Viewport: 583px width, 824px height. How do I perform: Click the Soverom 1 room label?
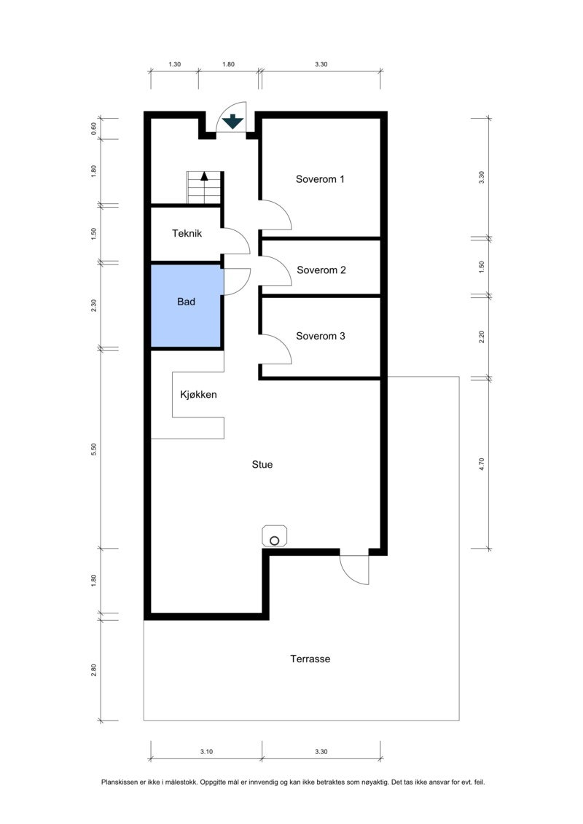point(320,178)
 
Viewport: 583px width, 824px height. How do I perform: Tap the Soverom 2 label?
point(321,270)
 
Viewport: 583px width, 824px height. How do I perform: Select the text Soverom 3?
point(321,336)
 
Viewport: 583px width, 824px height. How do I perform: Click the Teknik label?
point(187,233)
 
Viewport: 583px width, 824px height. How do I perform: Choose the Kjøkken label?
point(198,394)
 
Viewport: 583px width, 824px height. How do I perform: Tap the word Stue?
point(262,464)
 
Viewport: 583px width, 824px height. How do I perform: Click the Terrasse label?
point(310,659)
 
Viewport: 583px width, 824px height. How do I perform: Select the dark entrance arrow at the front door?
point(232,122)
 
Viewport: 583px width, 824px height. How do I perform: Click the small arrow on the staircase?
point(204,176)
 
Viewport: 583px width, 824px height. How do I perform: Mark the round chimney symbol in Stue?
point(275,540)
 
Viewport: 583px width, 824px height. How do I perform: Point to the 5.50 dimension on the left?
point(94,450)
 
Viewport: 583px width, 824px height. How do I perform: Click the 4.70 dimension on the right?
point(481,464)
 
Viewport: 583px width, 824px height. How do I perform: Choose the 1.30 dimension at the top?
point(174,64)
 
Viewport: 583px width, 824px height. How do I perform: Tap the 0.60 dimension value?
point(94,128)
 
